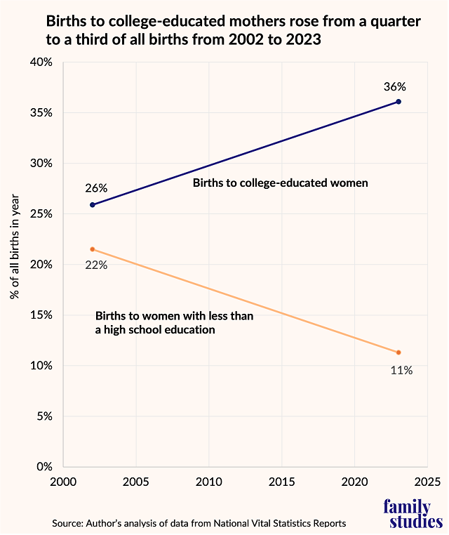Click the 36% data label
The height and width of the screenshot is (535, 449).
(x=395, y=87)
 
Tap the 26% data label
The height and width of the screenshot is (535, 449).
(x=96, y=188)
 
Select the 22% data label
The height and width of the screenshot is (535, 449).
(x=96, y=265)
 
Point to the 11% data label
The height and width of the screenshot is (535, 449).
(x=401, y=369)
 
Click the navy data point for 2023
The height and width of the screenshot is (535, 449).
(x=398, y=102)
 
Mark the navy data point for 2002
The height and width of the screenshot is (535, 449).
(x=93, y=205)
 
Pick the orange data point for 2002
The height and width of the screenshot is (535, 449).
(x=93, y=249)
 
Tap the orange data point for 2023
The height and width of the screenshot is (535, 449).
(x=398, y=352)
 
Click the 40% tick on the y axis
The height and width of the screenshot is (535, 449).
(x=41, y=62)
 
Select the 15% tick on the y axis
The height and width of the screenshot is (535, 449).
(x=41, y=315)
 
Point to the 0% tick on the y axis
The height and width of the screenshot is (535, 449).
(x=44, y=467)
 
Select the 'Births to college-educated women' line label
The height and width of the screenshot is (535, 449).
(x=281, y=183)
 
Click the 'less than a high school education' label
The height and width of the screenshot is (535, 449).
(x=174, y=322)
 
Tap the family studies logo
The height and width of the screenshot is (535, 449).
(x=413, y=514)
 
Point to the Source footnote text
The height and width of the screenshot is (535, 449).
(x=199, y=523)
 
